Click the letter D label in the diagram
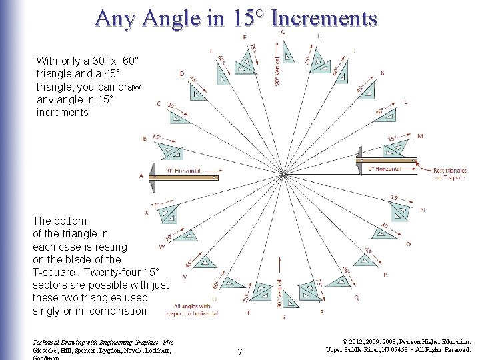click(x=182, y=74)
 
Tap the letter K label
click(x=382, y=73)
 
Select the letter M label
click(x=420, y=137)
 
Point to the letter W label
click(x=162, y=246)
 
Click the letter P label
click(x=385, y=275)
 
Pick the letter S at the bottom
click(x=283, y=317)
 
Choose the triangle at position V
click(x=203, y=262)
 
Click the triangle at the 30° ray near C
click(x=179, y=116)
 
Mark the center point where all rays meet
click(x=283, y=175)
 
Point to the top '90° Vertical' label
click(x=277, y=71)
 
